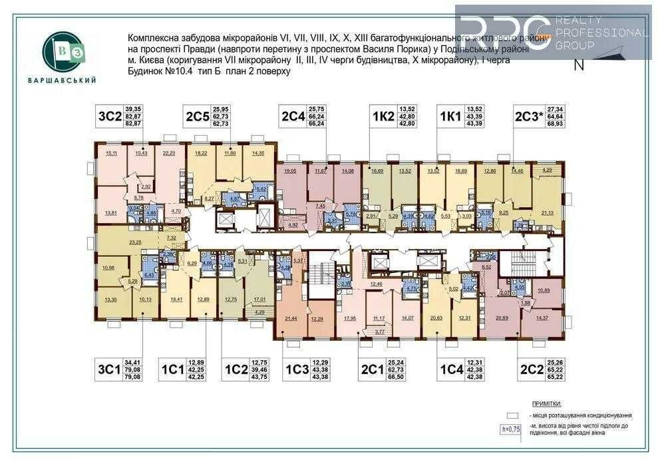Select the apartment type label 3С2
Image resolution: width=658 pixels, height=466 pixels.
tap(109, 117)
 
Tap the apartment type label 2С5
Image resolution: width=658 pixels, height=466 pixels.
tap(198, 117)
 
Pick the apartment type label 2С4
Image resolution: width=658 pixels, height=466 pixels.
tap(293, 117)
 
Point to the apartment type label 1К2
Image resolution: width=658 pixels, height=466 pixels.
tap(383, 117)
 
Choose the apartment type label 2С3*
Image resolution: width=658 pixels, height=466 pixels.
tap(528, 117)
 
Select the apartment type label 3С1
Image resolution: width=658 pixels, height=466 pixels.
tap(110, 369)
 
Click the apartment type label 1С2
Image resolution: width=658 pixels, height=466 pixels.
tap(236, 369)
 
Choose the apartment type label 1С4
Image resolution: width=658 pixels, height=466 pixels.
tap(450, 369)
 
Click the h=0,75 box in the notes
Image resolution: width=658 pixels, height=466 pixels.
tap(511, 429)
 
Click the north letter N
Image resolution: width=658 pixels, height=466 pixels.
tap(578, 65)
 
